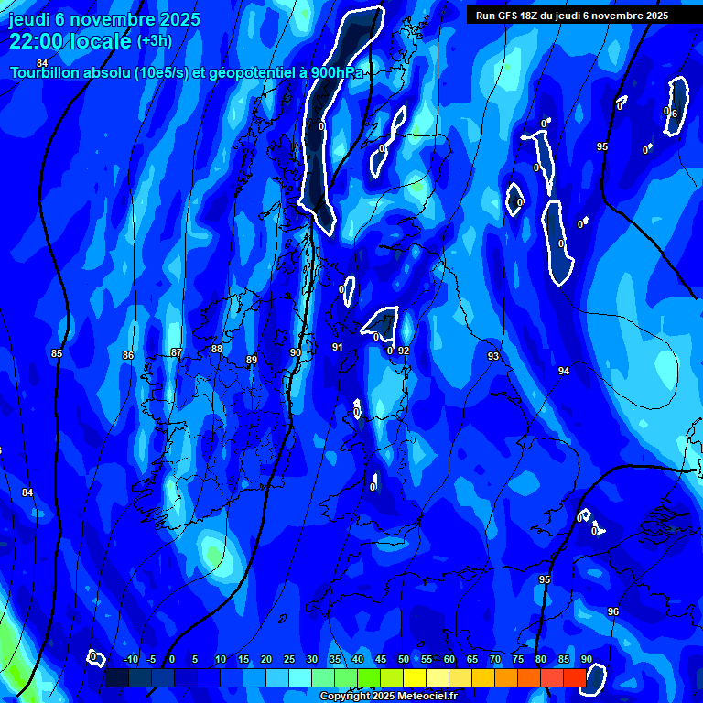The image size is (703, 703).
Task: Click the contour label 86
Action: [x=128, y=355]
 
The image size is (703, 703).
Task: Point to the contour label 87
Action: [x=177, y=352]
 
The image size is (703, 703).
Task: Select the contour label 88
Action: [x=217, y=349]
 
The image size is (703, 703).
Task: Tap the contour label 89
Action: [x=252, y=360]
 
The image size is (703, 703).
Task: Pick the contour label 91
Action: [x=337, y=347]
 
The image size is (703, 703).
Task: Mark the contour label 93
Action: [x=493, y=356]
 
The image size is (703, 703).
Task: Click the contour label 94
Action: [x=564, y=371]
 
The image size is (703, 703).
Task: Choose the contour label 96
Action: [x=613, y=611]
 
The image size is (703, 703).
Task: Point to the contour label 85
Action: [x=57, y=353]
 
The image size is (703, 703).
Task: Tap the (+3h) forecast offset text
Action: [x=154, y=41]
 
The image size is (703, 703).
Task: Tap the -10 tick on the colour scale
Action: [x=130, y=659]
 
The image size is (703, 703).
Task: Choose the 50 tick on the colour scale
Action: [x=404, y=659]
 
